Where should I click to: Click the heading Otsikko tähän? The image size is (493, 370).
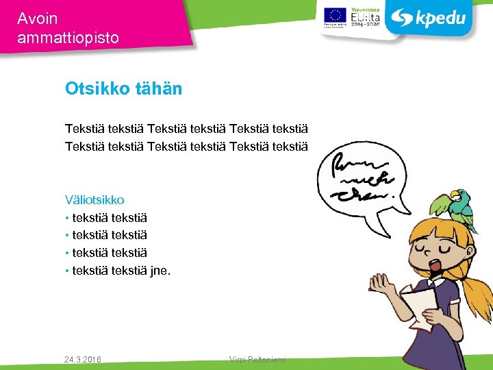(123, 88)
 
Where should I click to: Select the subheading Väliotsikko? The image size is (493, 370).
(94, 200)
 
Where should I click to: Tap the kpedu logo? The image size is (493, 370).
(429, 18)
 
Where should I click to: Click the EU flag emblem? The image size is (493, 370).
(335, 16)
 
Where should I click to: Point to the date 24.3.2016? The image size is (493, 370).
(82, 359)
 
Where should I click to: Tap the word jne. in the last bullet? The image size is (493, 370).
(160, 271)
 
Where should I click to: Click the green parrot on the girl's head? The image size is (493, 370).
(454, 206)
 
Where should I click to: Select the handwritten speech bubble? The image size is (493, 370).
(363, 182)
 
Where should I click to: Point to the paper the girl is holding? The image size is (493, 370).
(419, 308)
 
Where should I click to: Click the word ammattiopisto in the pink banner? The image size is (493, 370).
(68, 38)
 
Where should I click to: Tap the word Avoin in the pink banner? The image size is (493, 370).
(38, 18)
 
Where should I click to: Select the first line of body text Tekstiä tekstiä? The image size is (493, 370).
(186, 128)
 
